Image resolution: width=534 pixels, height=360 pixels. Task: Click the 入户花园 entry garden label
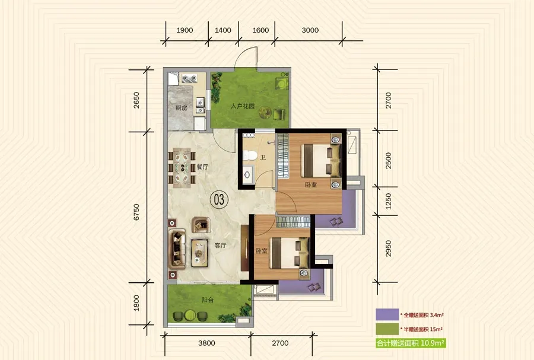click(x=243, y=106)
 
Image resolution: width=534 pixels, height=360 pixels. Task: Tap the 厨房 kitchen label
click(x=181, y=108)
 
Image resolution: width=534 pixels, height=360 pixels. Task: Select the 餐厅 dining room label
click(x=202, y=167)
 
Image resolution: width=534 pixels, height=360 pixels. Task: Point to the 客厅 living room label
click(x=220, y=245)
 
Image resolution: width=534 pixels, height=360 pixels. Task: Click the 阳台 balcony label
click(x=208, y=300)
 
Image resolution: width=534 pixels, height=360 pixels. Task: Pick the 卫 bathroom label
click(x=263, y=158)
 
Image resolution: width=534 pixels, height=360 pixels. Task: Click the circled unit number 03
click(x=219, y=199)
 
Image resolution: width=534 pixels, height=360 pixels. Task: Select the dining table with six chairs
click(x=182, y=167)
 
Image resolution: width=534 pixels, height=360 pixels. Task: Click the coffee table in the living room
click(x=199, y=253)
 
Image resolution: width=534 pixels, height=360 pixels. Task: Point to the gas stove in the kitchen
click(x=189, y=79)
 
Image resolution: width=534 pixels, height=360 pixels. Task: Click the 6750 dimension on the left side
click(x=136, y=212)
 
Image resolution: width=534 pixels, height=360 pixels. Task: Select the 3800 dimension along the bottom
click(x=206, y=343)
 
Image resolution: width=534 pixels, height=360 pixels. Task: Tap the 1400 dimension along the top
click(x=223, y=30)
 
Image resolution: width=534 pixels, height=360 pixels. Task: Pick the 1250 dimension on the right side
click(x=388, y=201)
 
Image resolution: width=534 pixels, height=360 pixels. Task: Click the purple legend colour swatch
click(x=387, y=314)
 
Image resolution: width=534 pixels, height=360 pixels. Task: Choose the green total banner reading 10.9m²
click(x=411, y=343)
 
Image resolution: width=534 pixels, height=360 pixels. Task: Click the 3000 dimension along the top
click(x=310, y=30)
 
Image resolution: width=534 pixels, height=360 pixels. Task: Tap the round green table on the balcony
click(x=190, y=315)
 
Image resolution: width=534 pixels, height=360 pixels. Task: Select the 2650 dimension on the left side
click(x=136, y=100)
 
